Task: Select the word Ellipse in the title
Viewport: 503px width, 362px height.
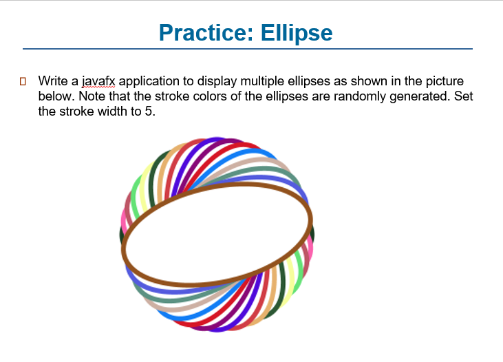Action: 297,32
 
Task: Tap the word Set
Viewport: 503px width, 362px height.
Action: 464,96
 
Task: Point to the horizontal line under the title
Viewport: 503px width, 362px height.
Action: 248,49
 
